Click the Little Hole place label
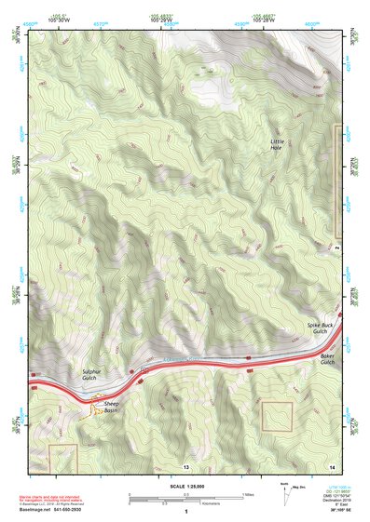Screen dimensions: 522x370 (276, 144)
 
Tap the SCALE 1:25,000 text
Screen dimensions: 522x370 (186, 485)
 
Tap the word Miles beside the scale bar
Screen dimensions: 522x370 (247, 494)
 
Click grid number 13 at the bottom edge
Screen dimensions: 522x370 (186, 464)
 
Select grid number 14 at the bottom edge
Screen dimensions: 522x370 (332, 464)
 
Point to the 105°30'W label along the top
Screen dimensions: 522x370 (60, 19)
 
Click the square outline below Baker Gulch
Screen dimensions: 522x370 (277, 415)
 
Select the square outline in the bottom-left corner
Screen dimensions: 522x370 (62, 457)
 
